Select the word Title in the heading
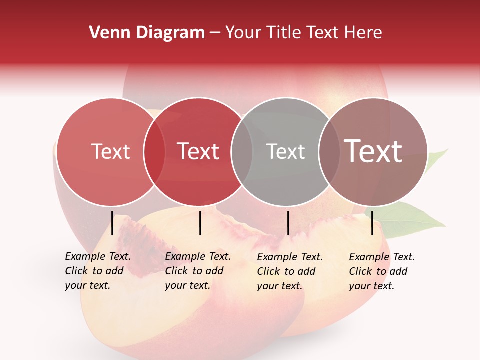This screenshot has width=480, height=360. (x=284, y=33)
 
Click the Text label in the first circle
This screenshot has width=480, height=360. (x=110, y=151)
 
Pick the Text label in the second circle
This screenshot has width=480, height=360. (x=198, y=151)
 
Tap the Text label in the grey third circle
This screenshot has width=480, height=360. (x=285, y=151)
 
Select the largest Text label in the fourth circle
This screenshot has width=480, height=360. (x=373, y=151)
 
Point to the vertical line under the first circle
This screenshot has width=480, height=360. (x=112, y=223)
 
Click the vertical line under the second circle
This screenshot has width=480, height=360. (x=200, y=223)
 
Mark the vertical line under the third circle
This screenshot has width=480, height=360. (x=288, y=223)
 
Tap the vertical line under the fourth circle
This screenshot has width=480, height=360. (x=372, y=223)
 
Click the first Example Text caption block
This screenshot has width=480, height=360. (x=97, y=271)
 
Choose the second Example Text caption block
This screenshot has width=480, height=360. (x=197, y=271)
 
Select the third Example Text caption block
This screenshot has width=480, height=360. (x=289, y=271)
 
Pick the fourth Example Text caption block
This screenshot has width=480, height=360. (x=381, y=271)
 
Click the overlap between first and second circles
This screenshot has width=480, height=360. (x=154, y=151)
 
